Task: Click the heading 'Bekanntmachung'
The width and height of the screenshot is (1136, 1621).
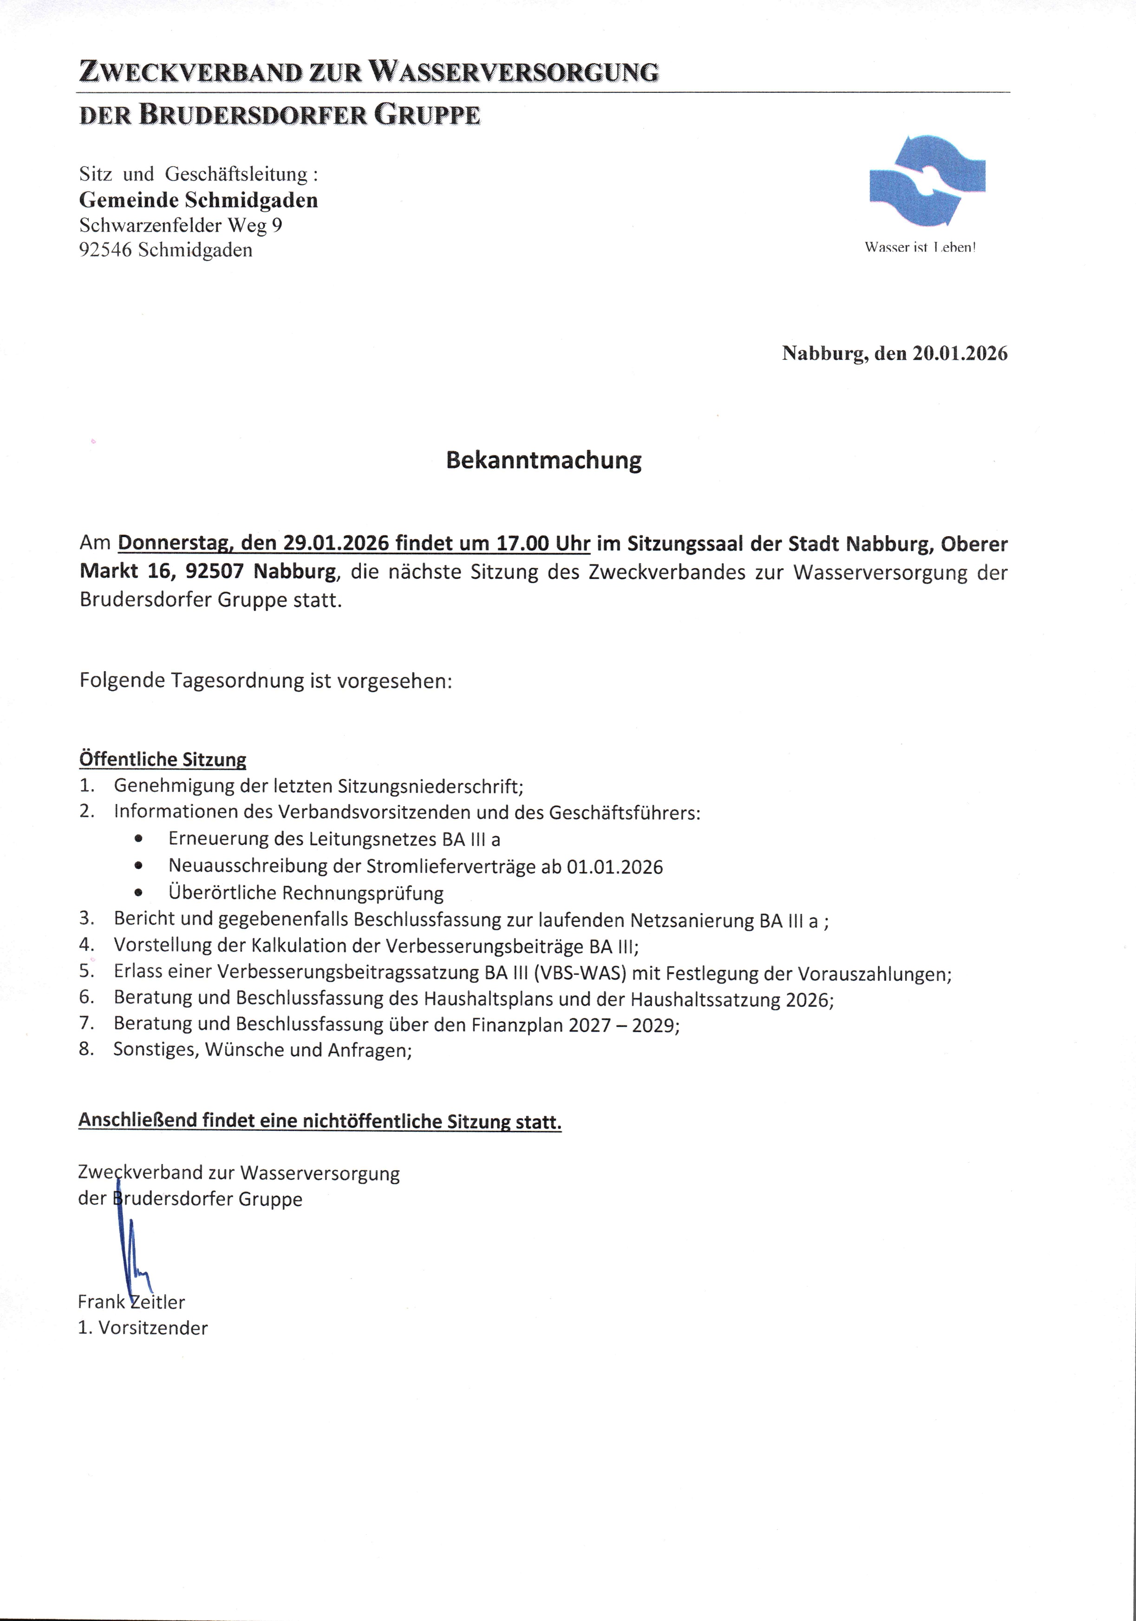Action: [x=543, y=460]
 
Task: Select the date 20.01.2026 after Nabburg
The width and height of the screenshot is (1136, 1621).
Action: [x=960, y=353]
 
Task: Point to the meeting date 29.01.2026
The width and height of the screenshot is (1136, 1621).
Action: [x=336, y=544]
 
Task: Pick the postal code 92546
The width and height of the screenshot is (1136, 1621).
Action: [x=105, y=250]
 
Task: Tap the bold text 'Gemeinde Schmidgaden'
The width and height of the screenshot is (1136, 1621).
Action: [x=198, y=201]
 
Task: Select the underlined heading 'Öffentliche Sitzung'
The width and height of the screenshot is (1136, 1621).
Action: [x=163, y=759]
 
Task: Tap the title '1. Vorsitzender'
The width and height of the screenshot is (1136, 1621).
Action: [x=143, y=1328]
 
